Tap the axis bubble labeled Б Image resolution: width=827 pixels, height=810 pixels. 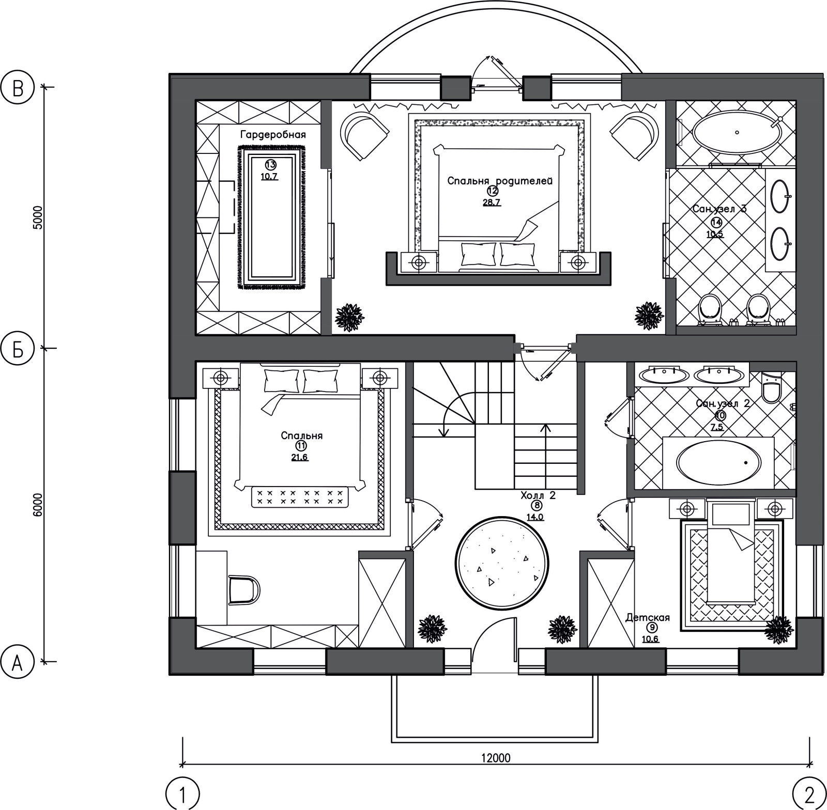18,349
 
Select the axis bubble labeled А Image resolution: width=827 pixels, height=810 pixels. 18,662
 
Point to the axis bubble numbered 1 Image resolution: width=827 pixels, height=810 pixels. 182,793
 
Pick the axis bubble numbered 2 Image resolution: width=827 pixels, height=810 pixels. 809,793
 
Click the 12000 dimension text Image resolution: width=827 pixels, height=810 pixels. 496,758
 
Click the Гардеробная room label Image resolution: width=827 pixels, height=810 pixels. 273,135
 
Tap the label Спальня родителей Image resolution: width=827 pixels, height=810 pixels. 500,181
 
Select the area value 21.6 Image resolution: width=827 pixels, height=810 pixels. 300,458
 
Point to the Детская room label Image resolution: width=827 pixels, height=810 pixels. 648,617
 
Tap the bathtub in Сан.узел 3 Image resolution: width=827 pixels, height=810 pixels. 737,133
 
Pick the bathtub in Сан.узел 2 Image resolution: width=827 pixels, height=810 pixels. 719,462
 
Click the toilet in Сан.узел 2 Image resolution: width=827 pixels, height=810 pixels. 772,387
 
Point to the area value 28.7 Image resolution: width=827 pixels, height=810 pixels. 492,202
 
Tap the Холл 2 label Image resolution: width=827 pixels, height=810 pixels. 538,495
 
